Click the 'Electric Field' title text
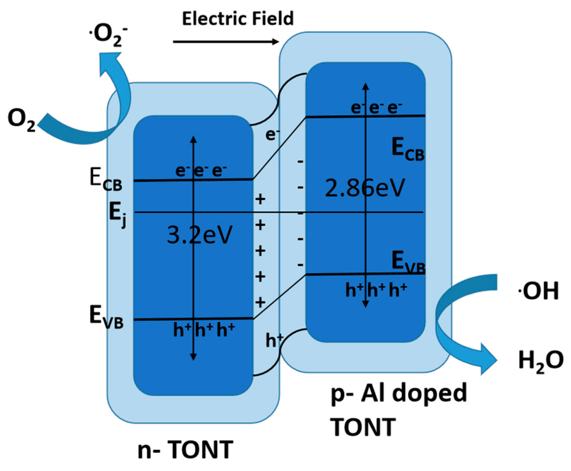(x=238, y=19)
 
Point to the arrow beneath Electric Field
(x=225, y=42)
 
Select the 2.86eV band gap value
(x=365, y=188)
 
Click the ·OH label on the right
(x=538, y=291)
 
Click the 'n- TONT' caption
(x=185, y=450)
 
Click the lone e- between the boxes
(x=272, y=135)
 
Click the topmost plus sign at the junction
(x=260, y=199)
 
